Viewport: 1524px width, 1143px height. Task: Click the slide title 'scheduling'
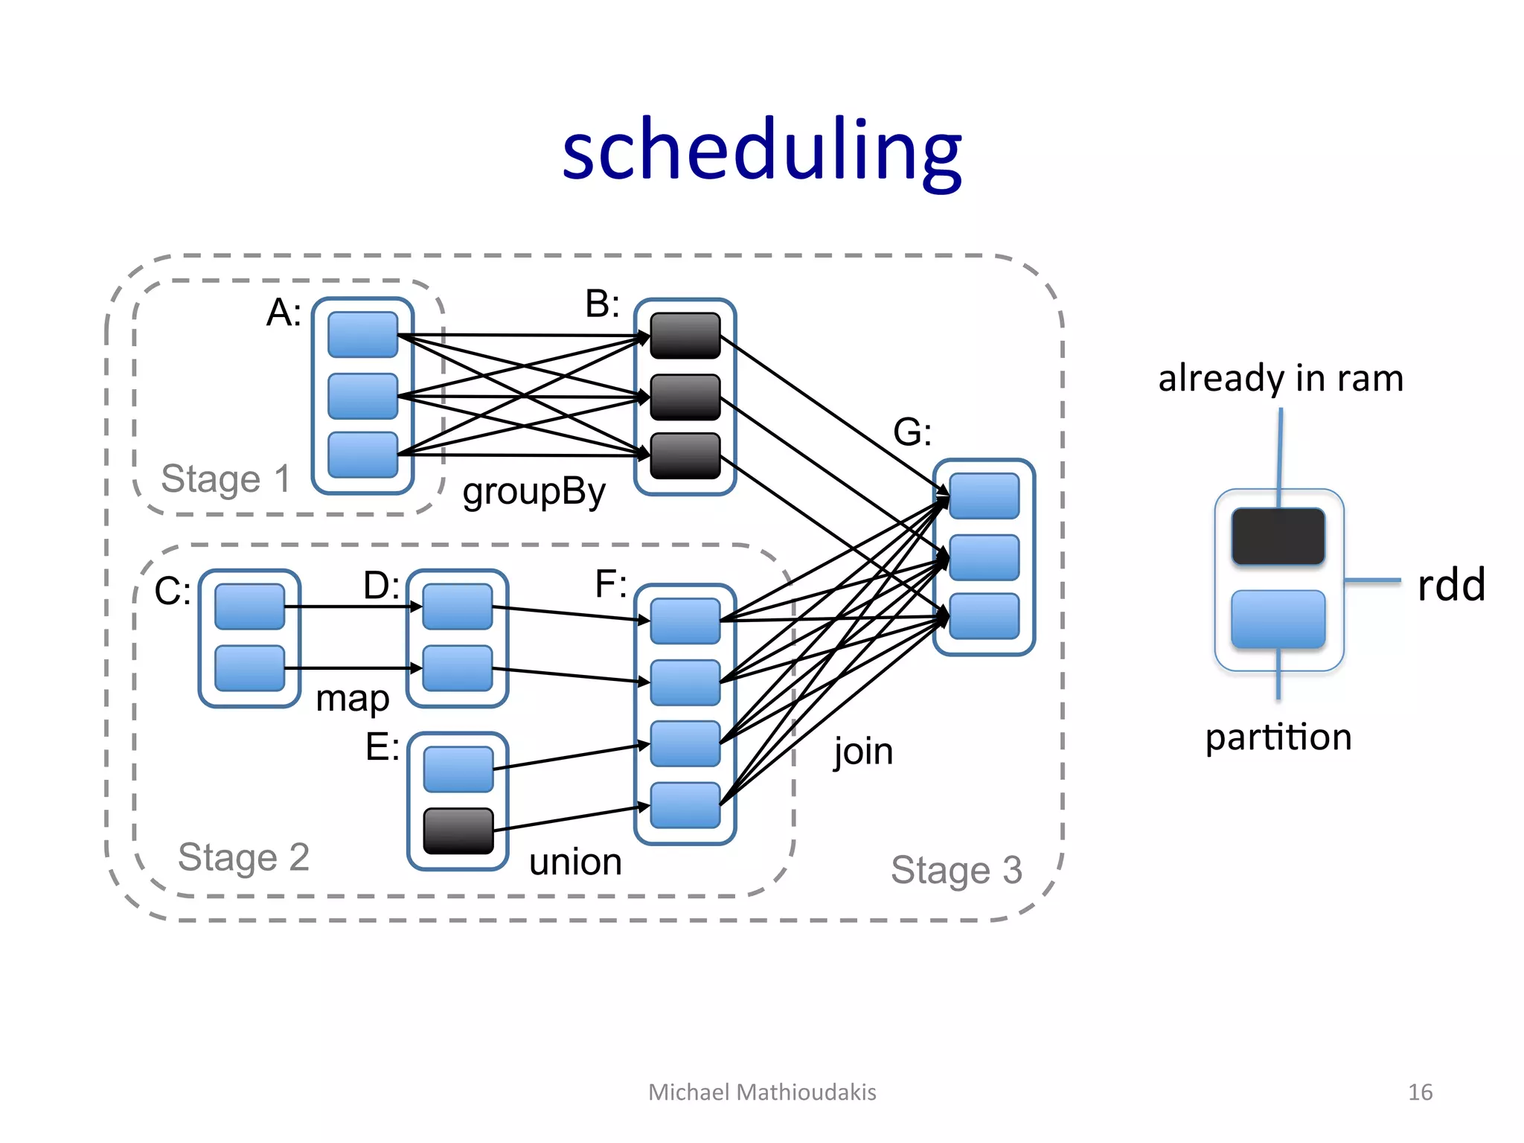(x=762, y=151)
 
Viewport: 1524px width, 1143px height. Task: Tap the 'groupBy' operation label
(x=534, y=492)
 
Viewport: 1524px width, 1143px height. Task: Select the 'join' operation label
(x=863, y=751)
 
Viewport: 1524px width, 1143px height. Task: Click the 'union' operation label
(x=575, y=862)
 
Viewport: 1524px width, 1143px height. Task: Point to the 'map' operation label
(x=352, y=698)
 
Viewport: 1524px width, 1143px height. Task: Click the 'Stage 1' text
(x=225, y=478)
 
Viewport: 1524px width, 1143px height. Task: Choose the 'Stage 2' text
(x=243, y=857)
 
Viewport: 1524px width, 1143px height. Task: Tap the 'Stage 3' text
(x=956, y=870)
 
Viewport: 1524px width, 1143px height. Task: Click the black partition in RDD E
(x=458, y=830)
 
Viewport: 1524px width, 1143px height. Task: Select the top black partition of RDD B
(x=685, y=336)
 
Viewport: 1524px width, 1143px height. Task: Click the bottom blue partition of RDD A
(x=363, y=455)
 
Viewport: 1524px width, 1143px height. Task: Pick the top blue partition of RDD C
(x=249, y=606)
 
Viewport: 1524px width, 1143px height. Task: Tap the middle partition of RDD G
(x=984, y=557)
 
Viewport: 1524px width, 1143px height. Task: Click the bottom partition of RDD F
(x=685, y=805)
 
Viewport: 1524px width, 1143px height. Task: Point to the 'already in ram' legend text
(x=1281, y=378)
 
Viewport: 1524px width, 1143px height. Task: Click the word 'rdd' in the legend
(x=1451, y=585)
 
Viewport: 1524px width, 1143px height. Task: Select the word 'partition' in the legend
(x=1278, y=737)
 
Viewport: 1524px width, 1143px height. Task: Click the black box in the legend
(x=1278, y=537)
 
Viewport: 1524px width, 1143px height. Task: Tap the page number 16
(x=1420, y=1092)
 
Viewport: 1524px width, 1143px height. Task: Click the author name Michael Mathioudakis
(x=762, y=1092)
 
